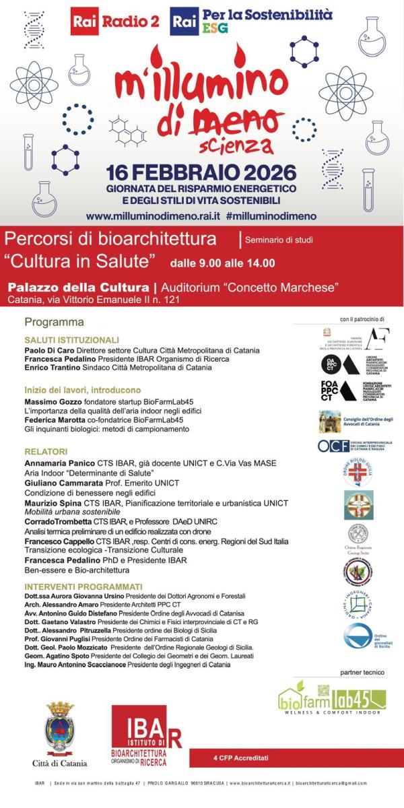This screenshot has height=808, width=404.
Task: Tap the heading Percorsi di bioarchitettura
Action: point(110,239)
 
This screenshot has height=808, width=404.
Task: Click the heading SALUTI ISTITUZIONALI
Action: point(71,340)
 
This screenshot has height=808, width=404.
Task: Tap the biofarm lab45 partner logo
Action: point(332,698)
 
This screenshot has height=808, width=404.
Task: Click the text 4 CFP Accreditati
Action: point(240,758)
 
